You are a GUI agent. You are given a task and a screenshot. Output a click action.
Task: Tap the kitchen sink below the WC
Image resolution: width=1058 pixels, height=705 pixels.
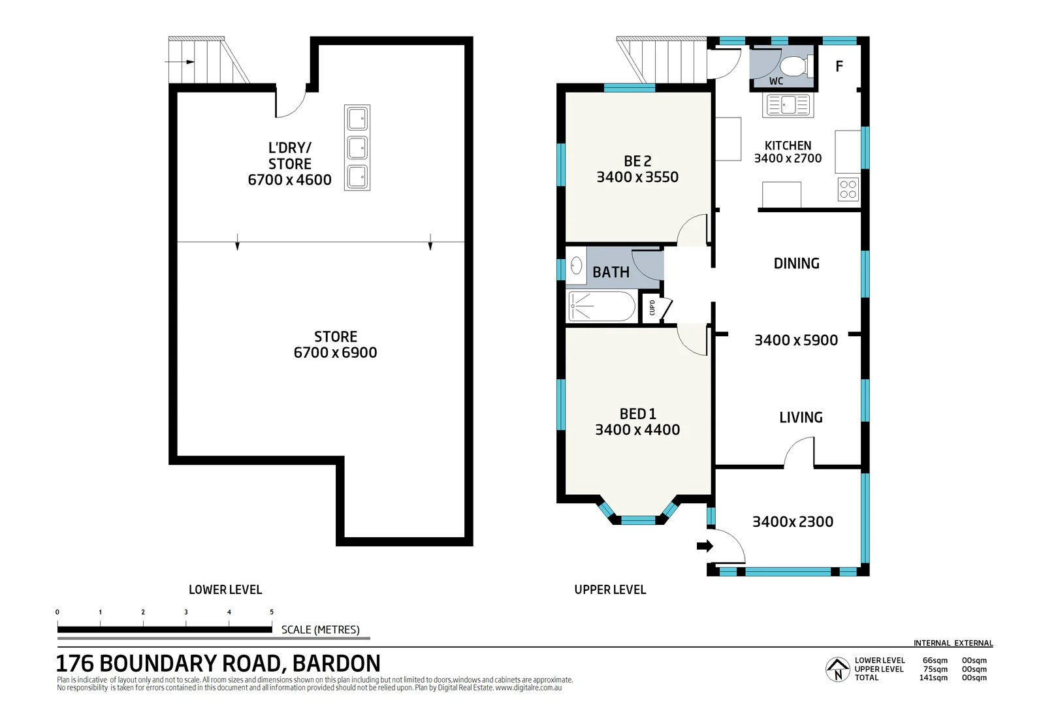[788, 104]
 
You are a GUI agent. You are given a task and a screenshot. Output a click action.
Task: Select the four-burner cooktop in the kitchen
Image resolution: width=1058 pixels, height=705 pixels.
[848, 189]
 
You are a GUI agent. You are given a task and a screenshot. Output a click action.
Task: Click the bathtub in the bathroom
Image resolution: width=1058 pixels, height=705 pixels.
[601, 306]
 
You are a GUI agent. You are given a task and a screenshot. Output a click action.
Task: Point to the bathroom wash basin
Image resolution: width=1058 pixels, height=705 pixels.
[576, 265]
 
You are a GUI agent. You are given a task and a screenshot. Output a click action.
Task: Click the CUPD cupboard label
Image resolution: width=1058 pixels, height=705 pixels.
[652, 307]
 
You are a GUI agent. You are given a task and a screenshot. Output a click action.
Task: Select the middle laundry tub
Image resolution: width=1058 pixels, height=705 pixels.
[357, 148]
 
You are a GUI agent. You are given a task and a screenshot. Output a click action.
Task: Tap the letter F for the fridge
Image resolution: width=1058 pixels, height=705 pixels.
[839, 66]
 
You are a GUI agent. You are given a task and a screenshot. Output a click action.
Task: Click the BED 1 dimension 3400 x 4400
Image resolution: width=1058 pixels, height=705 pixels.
[637, 430]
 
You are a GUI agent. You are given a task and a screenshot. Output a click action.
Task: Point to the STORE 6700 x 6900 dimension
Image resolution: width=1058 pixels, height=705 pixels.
[335, 352]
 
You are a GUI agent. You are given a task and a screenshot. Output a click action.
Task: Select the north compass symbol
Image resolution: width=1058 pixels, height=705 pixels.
[837, 670]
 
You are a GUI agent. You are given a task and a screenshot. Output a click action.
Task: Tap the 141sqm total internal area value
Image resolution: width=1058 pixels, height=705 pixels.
[933, 678]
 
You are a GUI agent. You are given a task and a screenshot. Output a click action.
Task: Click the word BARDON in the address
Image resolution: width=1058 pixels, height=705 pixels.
[336, 663]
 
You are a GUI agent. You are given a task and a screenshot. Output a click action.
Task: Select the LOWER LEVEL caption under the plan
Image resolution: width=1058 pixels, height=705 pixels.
[225, 589]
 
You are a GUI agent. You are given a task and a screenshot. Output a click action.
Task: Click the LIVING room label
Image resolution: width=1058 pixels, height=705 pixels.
[801, 417]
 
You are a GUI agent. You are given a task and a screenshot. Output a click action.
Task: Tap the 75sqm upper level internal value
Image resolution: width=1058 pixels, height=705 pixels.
[935, 669]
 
